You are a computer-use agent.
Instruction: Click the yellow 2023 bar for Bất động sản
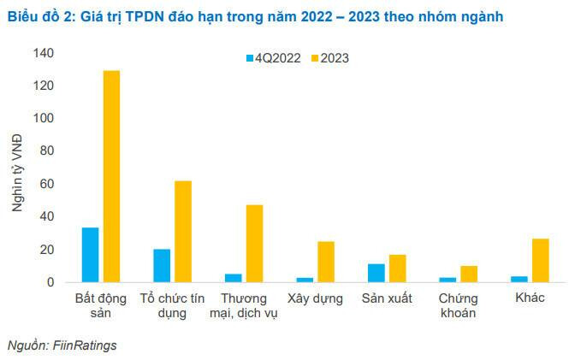111,176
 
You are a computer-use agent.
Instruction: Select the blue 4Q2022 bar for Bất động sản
90,255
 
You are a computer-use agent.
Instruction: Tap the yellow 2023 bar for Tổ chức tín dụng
183,231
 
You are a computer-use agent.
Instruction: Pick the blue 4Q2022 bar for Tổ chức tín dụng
162,265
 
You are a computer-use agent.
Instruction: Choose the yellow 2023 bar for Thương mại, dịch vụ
254,243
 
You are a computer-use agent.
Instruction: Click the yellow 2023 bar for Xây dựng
326,262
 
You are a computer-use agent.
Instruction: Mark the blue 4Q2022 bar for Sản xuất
376,273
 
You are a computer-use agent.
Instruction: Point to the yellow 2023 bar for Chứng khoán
469,274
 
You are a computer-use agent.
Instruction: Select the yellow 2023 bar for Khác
540,260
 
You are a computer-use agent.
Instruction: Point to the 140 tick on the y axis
43,53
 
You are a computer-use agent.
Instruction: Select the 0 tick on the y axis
50,282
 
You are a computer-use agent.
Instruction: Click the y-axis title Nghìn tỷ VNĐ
16,168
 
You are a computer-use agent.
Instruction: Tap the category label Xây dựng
316,298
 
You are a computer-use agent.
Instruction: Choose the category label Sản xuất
387,298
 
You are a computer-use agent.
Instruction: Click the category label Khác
531,298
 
